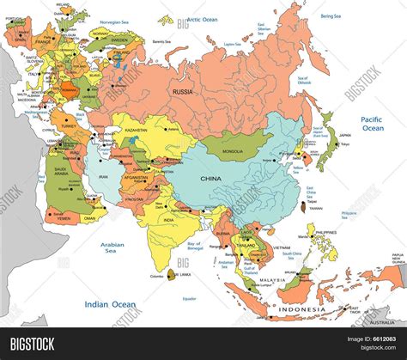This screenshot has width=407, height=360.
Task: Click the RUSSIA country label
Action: [182, 90]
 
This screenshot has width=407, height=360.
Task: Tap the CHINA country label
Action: [211, 178]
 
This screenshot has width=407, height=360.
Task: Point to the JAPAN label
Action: [345, 135]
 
